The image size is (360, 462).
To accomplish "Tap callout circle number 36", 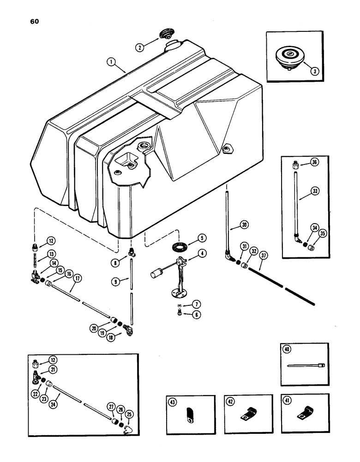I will click(314, 163).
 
